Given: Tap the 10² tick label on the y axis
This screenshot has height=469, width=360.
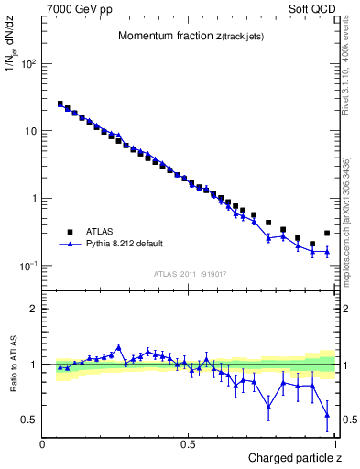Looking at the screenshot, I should [x=28, y=64].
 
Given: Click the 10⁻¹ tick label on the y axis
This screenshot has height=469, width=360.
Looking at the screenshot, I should [x=28, y=266].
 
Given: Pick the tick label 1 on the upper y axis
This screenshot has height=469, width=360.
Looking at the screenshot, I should [x=34, y=198].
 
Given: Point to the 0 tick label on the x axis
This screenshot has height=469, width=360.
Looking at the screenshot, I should [x=42, y=443].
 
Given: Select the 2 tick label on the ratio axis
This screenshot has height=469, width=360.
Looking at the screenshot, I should [x=34, y=310].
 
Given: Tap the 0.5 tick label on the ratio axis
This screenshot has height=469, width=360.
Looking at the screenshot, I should [x=30, y=420].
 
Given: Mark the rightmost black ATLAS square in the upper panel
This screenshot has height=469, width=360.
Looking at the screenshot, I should [x=327, y=234].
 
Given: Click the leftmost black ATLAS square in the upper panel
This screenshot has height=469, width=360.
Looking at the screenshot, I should [x=60, y=104].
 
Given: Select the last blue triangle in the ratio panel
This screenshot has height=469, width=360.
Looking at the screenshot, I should [x=327, y=416].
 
